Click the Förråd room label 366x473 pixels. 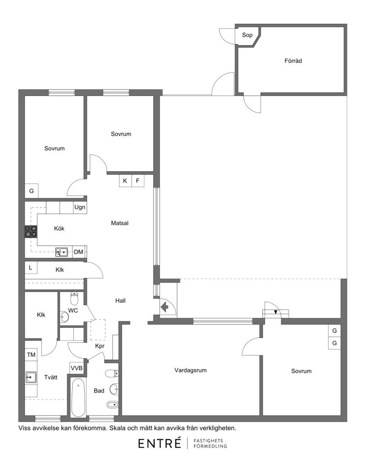(x=293, y=61)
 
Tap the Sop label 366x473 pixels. (x=247, y=35)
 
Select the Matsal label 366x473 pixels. (x=120, y=223)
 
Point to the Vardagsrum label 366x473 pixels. (x=190, y=370)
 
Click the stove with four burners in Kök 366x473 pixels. (x=31, y=231)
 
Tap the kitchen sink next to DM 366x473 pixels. (x=62, y=252)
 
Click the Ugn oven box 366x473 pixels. (x=80, y=207)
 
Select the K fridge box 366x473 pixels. (x=125, y=181)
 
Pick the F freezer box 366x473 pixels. (x=138, y=181)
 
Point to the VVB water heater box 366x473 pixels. (x=76, y=368)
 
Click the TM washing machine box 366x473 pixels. (x=31, y=355)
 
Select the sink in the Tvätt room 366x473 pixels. (x=31, y=377)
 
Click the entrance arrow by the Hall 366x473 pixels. (x=164, y=307)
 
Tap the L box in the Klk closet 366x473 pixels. (x=31, y=268)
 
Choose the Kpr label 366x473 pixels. (x=100, y=346)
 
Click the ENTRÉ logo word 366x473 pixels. (x=160, y=443)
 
